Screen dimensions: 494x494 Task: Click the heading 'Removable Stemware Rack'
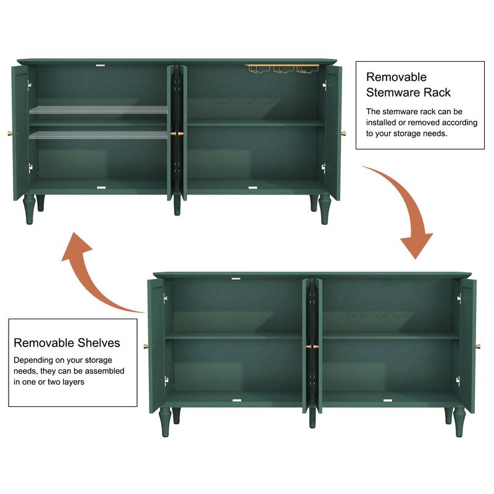pos(408,85)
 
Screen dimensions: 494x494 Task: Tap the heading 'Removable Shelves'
pos(67,342)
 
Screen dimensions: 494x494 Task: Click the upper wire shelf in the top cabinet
pos(98,110)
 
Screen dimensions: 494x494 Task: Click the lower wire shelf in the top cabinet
pos(98,134)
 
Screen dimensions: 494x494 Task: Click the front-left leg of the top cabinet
pos(28,210)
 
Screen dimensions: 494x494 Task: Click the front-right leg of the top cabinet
pos(325,210)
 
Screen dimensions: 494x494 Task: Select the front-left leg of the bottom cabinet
pos(165,422)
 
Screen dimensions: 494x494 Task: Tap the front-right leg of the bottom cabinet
pos(461,422)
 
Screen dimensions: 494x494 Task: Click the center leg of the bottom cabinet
pos(312,419)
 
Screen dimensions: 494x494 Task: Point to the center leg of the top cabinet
pos(177,206)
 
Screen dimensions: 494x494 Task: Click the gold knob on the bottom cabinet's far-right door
pos(478,346)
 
